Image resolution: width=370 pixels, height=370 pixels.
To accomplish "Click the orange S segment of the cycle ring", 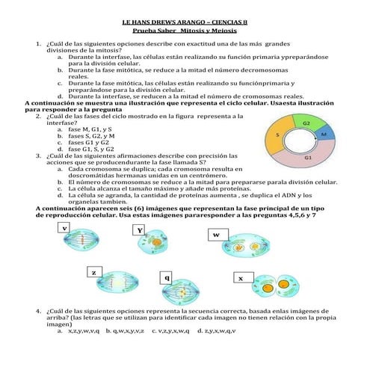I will point(277,137).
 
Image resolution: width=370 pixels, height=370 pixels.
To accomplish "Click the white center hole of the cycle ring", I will point(299,141).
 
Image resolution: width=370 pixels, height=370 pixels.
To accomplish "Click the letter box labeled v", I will point(65,227).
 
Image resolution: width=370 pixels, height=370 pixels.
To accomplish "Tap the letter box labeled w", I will point(216,234).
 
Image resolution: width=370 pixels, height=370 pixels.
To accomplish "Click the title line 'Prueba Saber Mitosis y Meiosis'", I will point(185,32).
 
